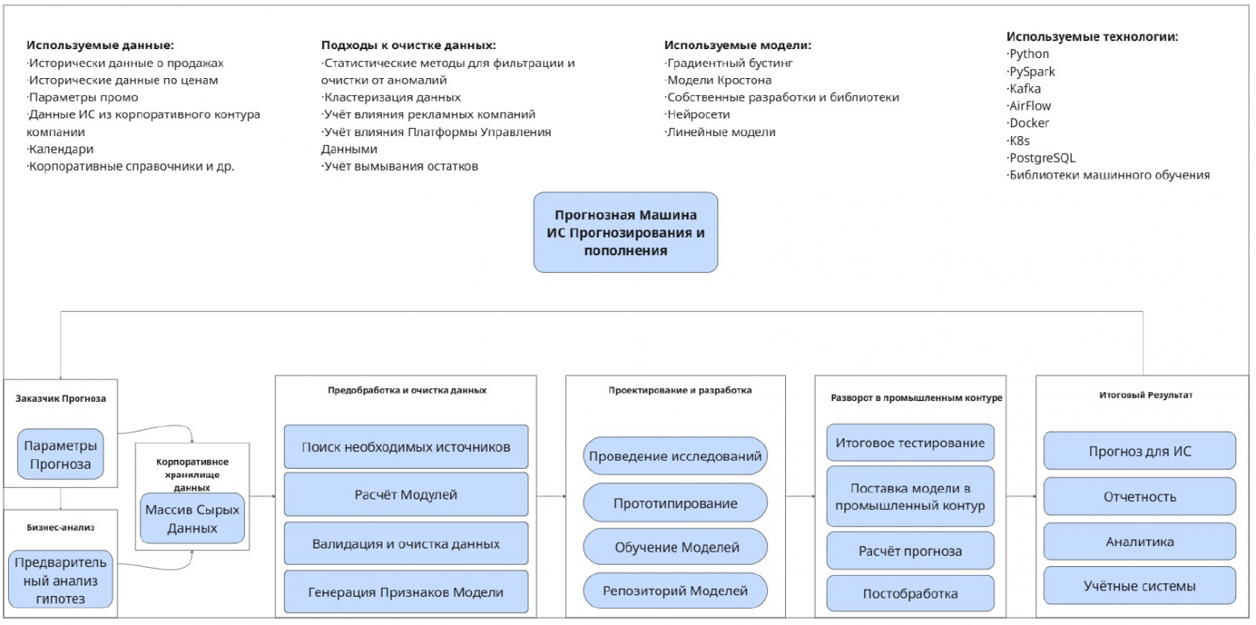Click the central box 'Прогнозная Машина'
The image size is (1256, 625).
coord(625,232)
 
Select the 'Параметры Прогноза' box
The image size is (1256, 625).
coord(62,454)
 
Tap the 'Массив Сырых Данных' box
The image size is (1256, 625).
coord(192,519)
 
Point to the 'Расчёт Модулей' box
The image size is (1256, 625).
coord(406,495)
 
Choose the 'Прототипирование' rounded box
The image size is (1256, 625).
coord(675,503)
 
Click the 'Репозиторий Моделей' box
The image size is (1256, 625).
coord(675,590)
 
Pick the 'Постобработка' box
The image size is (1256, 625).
coord(910,594)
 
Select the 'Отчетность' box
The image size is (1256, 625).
coord(1139,497)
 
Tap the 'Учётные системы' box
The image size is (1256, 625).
coord(1139,586)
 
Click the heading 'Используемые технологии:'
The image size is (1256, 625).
coord(1093,37)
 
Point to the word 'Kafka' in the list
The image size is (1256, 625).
coord(1025,89)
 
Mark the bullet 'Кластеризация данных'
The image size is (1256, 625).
coord(392,97)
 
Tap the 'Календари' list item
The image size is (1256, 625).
coord(61,149)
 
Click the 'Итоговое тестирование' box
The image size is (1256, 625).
coord(910,443)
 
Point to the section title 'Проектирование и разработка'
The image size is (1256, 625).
coord(680,391)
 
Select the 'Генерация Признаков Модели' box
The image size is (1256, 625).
coord(406,592)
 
